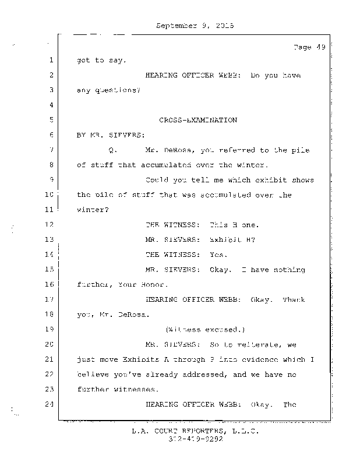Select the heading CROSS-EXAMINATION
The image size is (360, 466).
tap(197, 120)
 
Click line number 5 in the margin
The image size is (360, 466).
tap(51, 120)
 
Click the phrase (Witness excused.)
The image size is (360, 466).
tap(201, 329)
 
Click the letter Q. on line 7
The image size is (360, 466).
tap(112, 150)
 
